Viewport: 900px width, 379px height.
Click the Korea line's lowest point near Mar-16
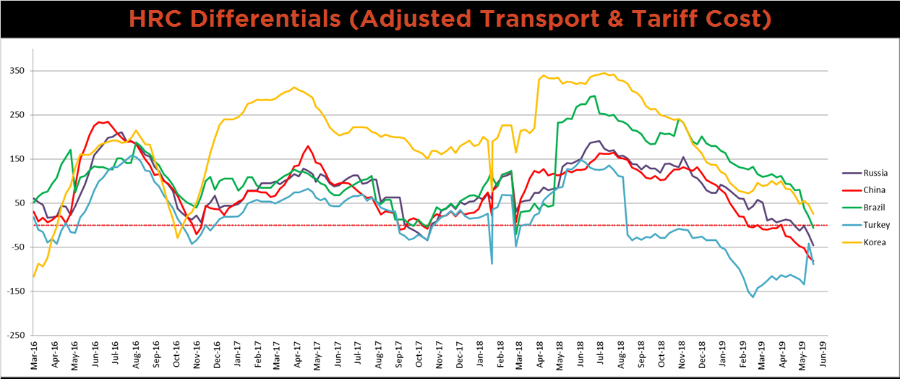pyautogui.click(x=33, y=276)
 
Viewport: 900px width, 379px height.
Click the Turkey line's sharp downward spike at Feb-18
pyautogui.click(x=492, y=263)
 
